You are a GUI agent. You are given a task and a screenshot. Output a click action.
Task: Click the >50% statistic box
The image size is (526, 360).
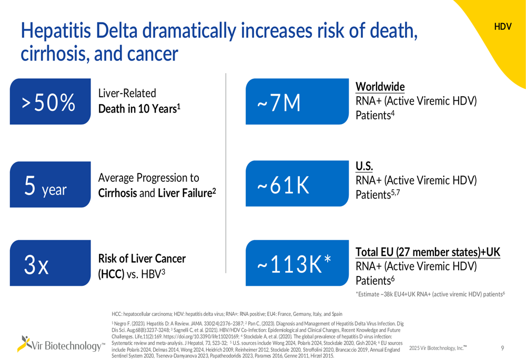(x=50, y=101)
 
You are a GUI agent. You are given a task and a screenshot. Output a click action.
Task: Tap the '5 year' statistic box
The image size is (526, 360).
(x=50, y=184)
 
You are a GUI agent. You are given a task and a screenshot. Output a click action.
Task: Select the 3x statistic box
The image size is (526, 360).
(x=50, y=263)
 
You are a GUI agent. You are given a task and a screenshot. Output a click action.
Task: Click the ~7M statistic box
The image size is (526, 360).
(x=297, y=101)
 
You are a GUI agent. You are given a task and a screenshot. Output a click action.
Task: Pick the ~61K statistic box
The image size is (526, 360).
(x=297, y=184)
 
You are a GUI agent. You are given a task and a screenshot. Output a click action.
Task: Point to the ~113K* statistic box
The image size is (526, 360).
(x=297, y=263)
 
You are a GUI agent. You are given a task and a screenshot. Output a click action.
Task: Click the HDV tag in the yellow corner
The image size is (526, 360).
(x=502, y=27)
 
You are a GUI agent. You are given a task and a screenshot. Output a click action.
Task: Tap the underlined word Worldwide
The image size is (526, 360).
(x=380, y=87)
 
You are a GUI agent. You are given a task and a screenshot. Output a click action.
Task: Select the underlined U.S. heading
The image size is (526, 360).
(x=365, y=166)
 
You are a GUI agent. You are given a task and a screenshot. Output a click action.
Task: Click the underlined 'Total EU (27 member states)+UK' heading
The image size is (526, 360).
(x=428, y=252)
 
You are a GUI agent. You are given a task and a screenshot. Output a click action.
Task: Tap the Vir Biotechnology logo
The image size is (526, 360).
(x=61, y=344)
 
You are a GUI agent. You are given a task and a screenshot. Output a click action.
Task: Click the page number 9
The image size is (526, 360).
(x=502, y=348)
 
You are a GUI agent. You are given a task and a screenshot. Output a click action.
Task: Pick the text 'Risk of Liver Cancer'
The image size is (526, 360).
(x=142, y=259)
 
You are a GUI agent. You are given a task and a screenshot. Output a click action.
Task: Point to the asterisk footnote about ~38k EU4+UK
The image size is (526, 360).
(x=430, y=294)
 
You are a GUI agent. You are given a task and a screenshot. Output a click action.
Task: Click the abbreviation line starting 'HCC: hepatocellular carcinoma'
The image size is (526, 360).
(x=227, y=314)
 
